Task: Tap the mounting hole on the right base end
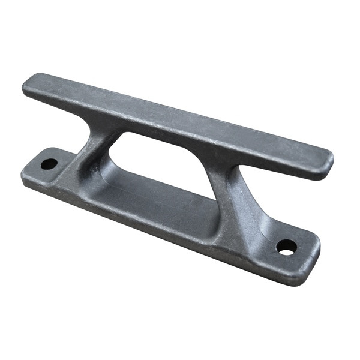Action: (x=286, y=246)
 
